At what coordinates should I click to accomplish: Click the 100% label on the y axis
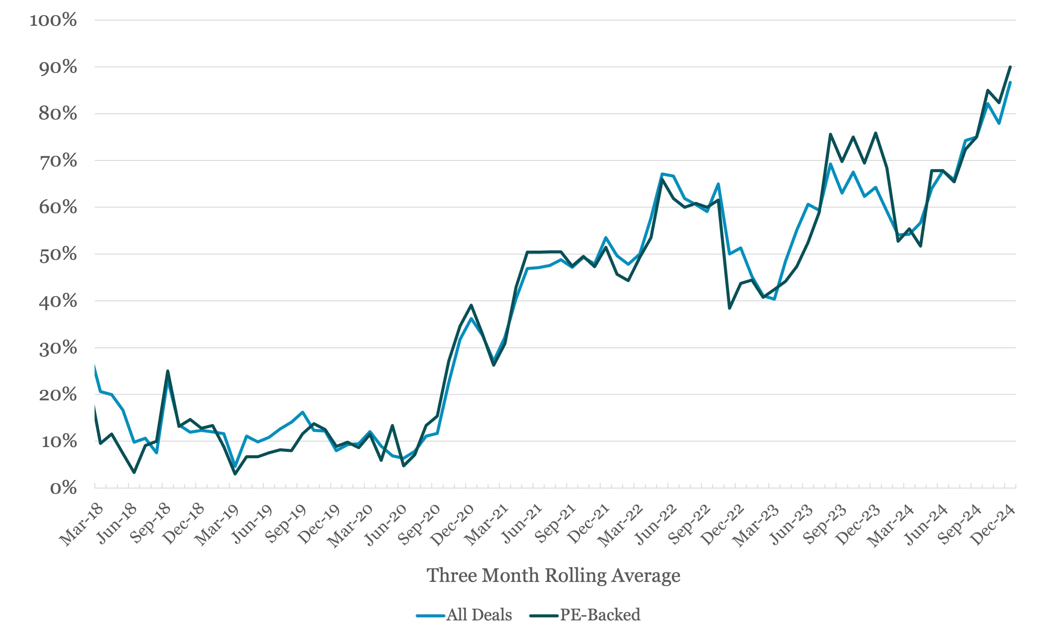coord(53,20)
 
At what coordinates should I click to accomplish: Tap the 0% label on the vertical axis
coord(63,488)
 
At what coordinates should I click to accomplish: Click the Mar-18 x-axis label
coord(81,525)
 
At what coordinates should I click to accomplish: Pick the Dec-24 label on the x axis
coord(993,525)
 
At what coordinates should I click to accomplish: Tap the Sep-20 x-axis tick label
coord(419,525)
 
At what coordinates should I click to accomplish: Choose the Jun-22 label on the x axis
coord(656,525)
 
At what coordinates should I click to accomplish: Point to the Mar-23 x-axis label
coord(756,525)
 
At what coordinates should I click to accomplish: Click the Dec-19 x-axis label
coord(318,525)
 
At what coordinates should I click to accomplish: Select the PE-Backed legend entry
coord(585,615)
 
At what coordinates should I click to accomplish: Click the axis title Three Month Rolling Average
coord(553,575)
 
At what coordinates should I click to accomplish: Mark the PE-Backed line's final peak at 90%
coord(1010,67)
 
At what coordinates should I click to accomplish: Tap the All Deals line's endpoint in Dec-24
coord(1010,82)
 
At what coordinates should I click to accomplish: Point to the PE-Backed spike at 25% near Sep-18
coord(168,371)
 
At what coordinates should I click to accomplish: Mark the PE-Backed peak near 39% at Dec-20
coord(471,305)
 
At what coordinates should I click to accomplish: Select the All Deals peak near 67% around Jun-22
coord(662,174)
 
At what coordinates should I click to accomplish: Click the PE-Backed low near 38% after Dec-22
coord(730,308)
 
